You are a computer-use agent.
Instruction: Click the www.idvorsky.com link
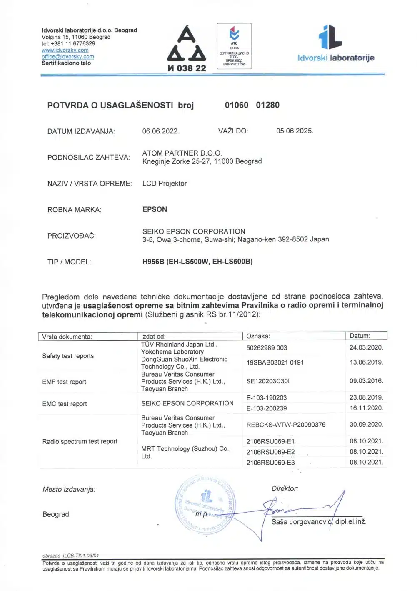[65, 50]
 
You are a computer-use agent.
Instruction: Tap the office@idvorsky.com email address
[67, 57]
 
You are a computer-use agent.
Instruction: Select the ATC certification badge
[234, 46]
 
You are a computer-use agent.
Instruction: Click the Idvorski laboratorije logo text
[336, 58]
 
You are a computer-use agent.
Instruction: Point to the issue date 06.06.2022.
[160, 131]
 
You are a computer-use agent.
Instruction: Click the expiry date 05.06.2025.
[295, 131]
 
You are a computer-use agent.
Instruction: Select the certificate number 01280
[267, 105]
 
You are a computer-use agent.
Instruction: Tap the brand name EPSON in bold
[155, 209]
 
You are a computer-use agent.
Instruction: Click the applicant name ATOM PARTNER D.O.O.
[182, 153]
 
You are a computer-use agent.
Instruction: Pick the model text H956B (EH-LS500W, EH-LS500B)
[197, 262]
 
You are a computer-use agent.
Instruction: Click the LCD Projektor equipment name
[165, 184]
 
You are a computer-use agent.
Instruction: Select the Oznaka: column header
[258, 336]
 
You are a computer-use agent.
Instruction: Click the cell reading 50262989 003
[267, 348]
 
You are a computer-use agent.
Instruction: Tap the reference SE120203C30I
[268, 381]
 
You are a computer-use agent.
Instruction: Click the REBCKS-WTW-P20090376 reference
[286, 425]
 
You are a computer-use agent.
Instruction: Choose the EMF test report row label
[64, 382]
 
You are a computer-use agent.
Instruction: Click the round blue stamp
[205, 504]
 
